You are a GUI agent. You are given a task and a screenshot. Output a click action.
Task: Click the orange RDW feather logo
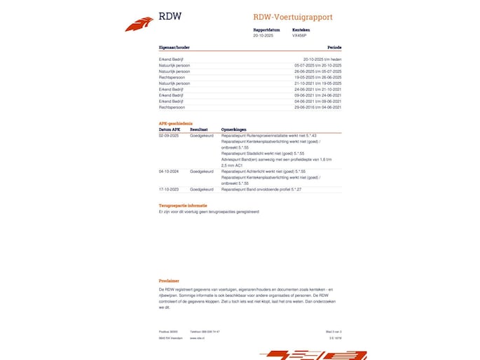pyautogui.click(x=139, y=25)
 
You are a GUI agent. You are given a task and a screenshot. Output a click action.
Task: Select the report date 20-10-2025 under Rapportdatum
pyautogui.click(x=263, y=35)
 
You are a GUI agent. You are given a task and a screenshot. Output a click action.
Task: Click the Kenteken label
pyautogui.click(x=301, y=30)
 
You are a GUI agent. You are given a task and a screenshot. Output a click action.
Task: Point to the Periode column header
pyautogui.click(x=334, y=48)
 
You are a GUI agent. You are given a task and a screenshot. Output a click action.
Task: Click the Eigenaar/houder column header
pyautogui.click(x=174, y=48)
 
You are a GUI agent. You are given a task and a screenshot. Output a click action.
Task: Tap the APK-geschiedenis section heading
pyautogui.click(x=176, y=123)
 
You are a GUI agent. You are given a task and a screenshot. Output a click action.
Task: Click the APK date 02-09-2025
pyautogui.click(x=170, y=135)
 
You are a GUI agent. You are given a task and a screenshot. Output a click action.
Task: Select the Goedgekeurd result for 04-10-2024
pyautogui.click(x=202, y=170)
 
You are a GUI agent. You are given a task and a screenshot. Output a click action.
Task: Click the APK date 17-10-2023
pyautogui.click(x=170, y=189)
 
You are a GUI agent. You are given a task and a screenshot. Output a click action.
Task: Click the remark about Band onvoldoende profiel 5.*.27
pyautogui.click(x=261, y=189)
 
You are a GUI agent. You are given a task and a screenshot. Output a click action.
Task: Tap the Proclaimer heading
pyautogui.click(x=169, y=281)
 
